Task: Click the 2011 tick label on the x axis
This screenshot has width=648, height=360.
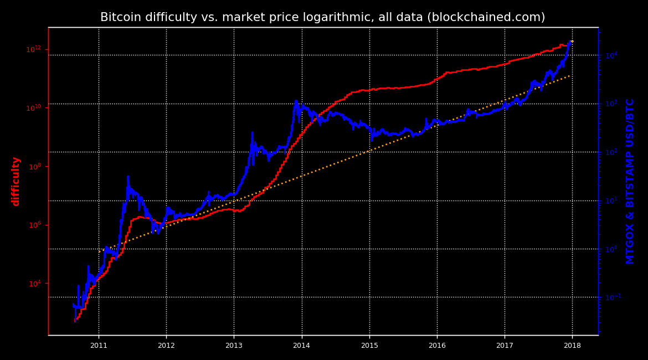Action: [x=99, y=346]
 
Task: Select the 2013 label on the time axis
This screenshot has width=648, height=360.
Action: [x=234, y=346]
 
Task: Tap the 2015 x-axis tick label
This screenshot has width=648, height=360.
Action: [x=369, y=346]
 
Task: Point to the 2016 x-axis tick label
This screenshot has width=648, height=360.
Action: [x=437, y=346]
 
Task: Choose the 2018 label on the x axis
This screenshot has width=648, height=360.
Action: [x=572, y=346]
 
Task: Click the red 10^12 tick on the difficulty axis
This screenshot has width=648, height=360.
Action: [x=34, y=50]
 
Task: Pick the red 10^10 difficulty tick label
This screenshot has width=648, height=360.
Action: [x=34, y=108]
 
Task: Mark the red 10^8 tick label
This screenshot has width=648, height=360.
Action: [x=34, y=167]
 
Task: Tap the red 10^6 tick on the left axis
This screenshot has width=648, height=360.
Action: [x=34, y=225]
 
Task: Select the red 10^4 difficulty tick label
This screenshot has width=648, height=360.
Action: [x=34, y=284]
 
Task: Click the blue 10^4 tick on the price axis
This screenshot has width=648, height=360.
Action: [x=611, y=55]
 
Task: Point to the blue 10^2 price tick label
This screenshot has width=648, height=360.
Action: [x=611, y=152]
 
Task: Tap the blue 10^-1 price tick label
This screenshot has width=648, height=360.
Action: [x=613, y=297]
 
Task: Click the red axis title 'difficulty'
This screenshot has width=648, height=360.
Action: [x=16, y=181]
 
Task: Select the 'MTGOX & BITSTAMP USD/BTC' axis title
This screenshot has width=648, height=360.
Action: [x=630, y=181]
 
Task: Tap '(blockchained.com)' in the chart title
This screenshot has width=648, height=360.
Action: [x=486, y=17]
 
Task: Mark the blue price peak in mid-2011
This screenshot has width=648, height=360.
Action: [x=128, y=177]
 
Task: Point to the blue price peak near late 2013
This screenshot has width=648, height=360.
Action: [x=296, y=101]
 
